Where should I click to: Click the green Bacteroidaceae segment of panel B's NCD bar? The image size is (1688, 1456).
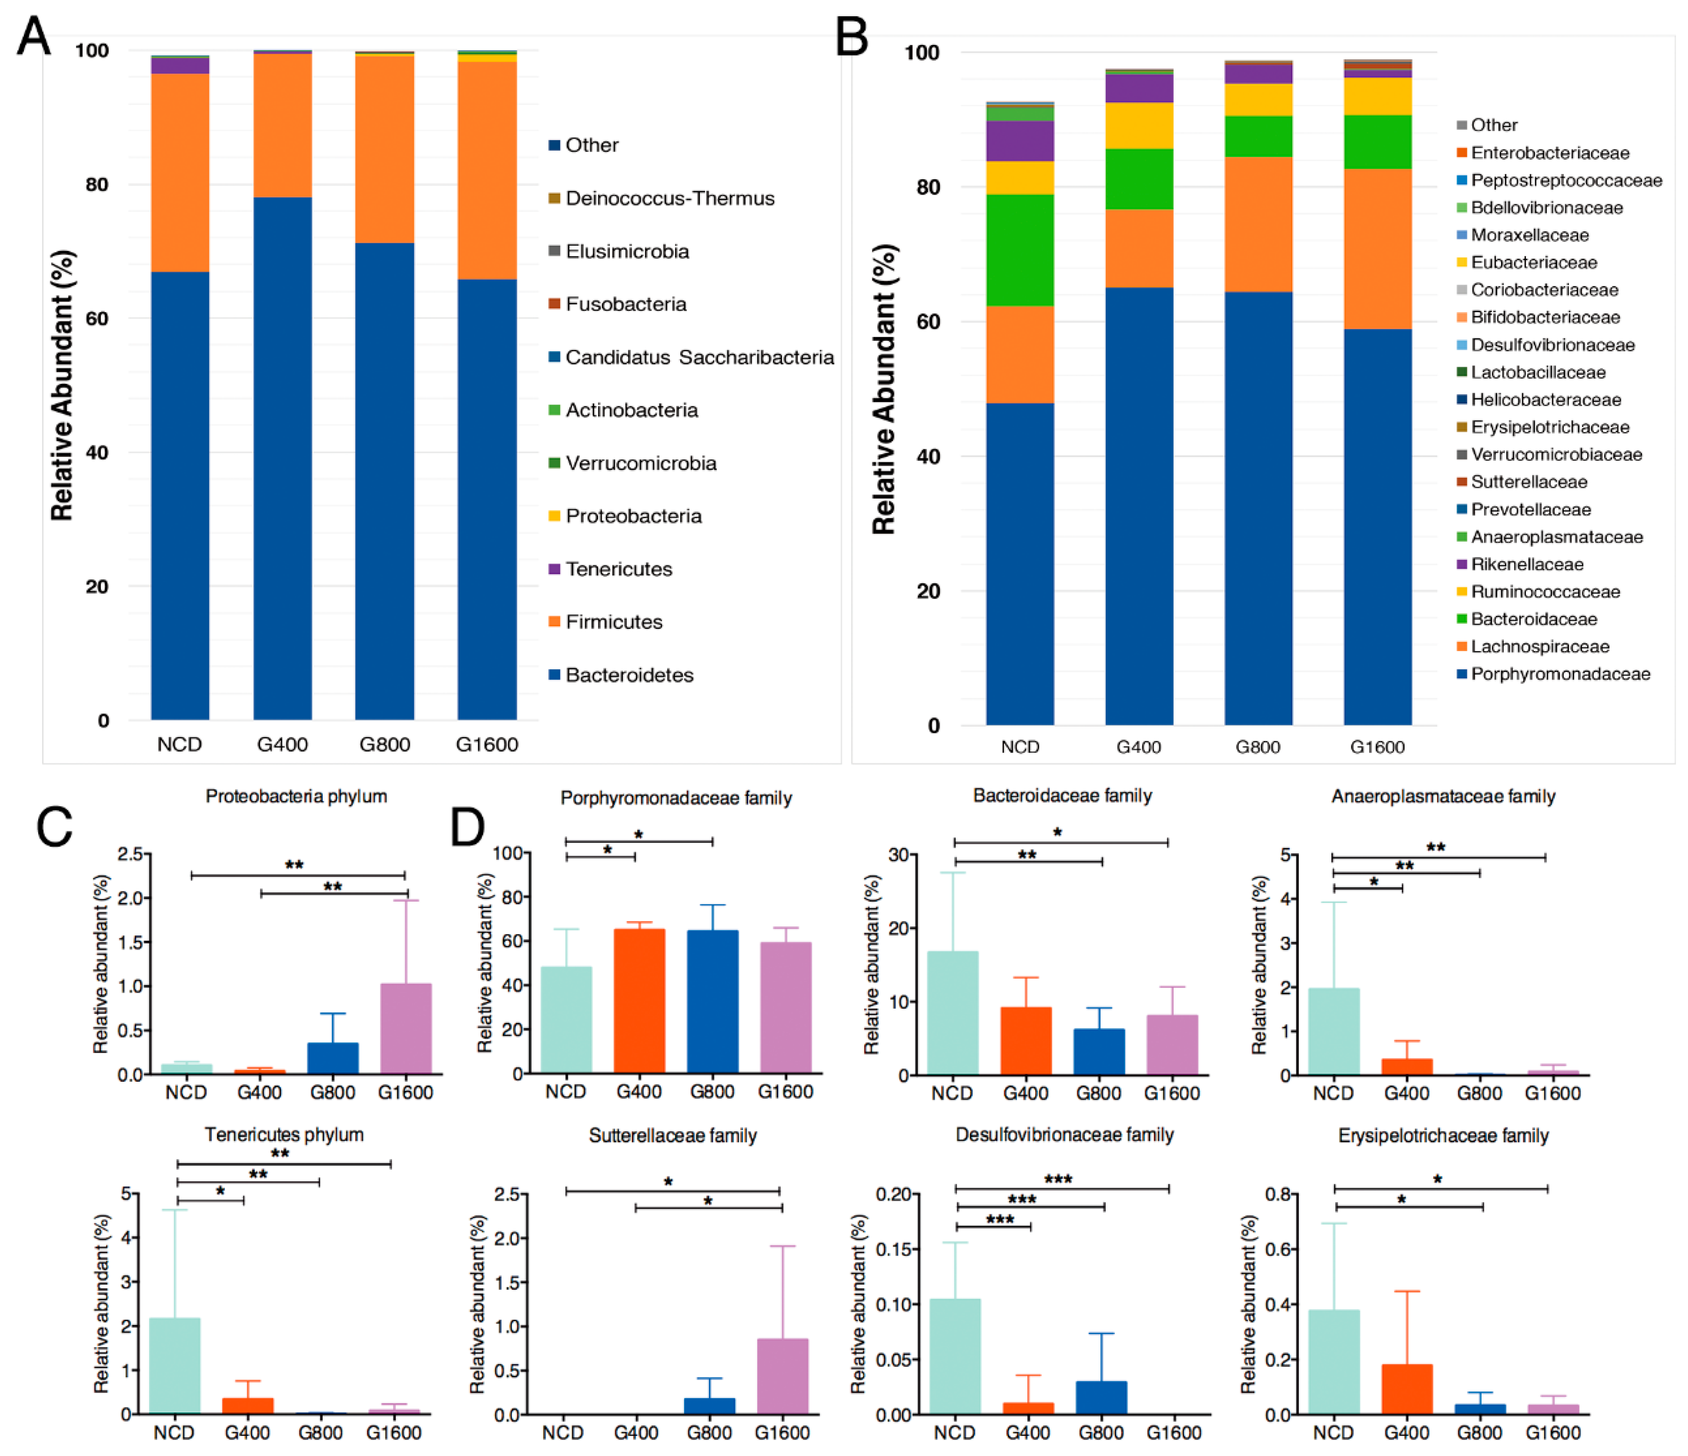click(1020, 250)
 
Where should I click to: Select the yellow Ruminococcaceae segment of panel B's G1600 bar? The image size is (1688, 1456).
click(1378, 96)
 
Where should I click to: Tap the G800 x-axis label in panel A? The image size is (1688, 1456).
click(384, 744)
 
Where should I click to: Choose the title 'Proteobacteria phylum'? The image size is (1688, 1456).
click(296, 796)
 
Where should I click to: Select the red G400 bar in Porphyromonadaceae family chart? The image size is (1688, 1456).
click(639, 1000)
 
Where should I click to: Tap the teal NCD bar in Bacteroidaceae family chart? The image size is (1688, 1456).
click(952, 1013)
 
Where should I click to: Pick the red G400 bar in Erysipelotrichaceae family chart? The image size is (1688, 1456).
click(1407, 1389)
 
